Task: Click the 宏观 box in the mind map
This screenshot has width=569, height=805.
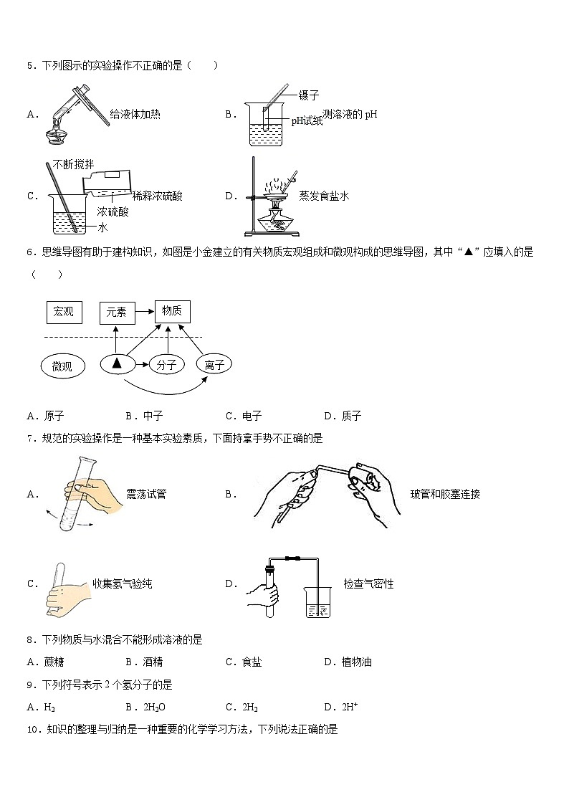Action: pyautogui.click(x=64, y=312)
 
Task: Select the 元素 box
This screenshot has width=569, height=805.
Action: pyautogui.click(x=117, y=312)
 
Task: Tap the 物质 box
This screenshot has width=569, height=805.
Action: pyautogui.click(x=172, y=310)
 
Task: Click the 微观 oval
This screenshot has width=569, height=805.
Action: pyautogui.click(x=64, y=366)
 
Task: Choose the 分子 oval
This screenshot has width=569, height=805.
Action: pyautogui.click(x=166, y=365)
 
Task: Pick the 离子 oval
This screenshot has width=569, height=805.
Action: pyautogui.click(x=215, y=365)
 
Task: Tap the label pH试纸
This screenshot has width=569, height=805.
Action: pyautogui.click(x=307, y=121)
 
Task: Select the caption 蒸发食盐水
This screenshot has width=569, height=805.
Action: pyautogui.click(x=324, y=196)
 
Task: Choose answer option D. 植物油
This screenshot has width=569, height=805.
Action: pyautogui.click(x=348, y=662)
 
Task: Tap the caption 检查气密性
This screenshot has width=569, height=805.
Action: pyautogui.click(x=368, y=584)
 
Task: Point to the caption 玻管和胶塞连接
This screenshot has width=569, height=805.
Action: pyautogui.click(x=445, y=494)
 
